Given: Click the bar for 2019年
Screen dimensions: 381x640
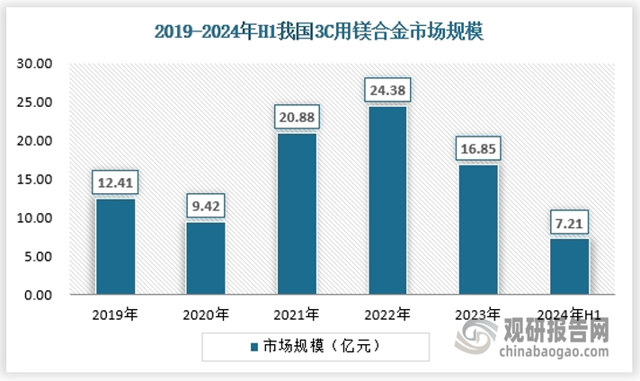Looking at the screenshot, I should coord(115,246).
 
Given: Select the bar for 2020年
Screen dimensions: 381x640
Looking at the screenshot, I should coord(206,258).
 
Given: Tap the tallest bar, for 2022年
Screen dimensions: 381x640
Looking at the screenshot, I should coord(387,200).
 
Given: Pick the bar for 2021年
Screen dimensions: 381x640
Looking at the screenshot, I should coord(297,214).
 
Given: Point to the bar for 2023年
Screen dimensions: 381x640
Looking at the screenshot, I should coord(477,229).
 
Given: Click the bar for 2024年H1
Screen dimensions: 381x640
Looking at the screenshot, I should coord(568,266).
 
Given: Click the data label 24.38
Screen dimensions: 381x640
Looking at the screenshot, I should coord(387,91).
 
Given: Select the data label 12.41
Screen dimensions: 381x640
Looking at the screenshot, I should coord(115,183).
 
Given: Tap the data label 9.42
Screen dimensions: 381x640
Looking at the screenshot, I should coord(206,207).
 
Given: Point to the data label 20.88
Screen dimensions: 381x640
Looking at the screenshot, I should coord(297,118).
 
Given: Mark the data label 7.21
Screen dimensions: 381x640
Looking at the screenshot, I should coord(568,223).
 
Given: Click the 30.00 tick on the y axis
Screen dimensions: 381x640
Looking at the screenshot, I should coord(39,64).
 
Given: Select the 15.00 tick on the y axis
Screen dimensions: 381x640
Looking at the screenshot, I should coord(39,180).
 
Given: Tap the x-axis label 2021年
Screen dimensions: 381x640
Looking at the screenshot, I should coord(297,315).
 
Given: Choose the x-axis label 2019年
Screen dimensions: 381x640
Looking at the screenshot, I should coord(115,315).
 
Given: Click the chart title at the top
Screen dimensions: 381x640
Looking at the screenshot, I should coord(319,33).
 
